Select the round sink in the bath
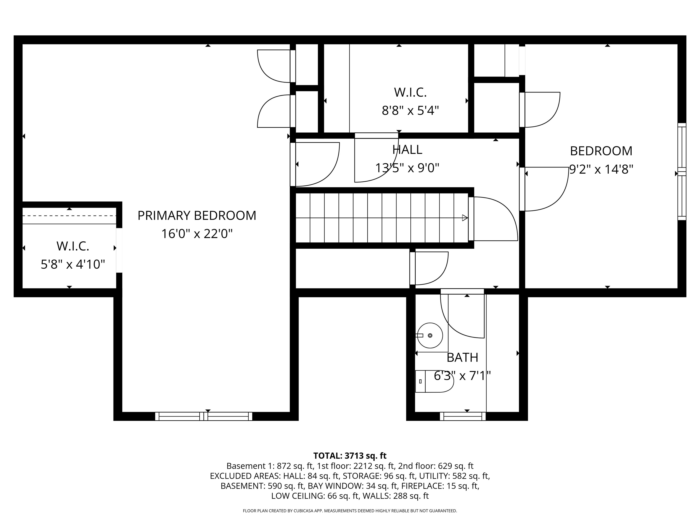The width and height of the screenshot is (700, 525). pyautogui.click(x=430, y=335)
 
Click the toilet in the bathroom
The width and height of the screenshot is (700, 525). pyautogui.click(x=434, y=381)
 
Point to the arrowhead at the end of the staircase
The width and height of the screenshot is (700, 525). pyautogui.click(x=465, y=218)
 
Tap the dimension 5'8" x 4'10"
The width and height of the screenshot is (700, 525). pyautogui.click(x=73, y=264)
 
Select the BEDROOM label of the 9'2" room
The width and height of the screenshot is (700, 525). pyautogui.click(x=601, y=151)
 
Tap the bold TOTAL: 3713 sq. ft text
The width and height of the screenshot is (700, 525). pyautogui.click(x=350, y=456)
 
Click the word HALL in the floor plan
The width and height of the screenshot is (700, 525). pyautogui.click(x=407, y=150)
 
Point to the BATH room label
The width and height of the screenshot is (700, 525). pyautogui.click(x=462, y=358)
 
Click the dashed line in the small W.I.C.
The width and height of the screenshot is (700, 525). pyautogui.click(x=69, y=216)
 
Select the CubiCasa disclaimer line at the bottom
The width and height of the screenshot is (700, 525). pyautogui.click(x=350, y=511)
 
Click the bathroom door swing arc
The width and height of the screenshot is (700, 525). pyautogui.click(x=462, y=317)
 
